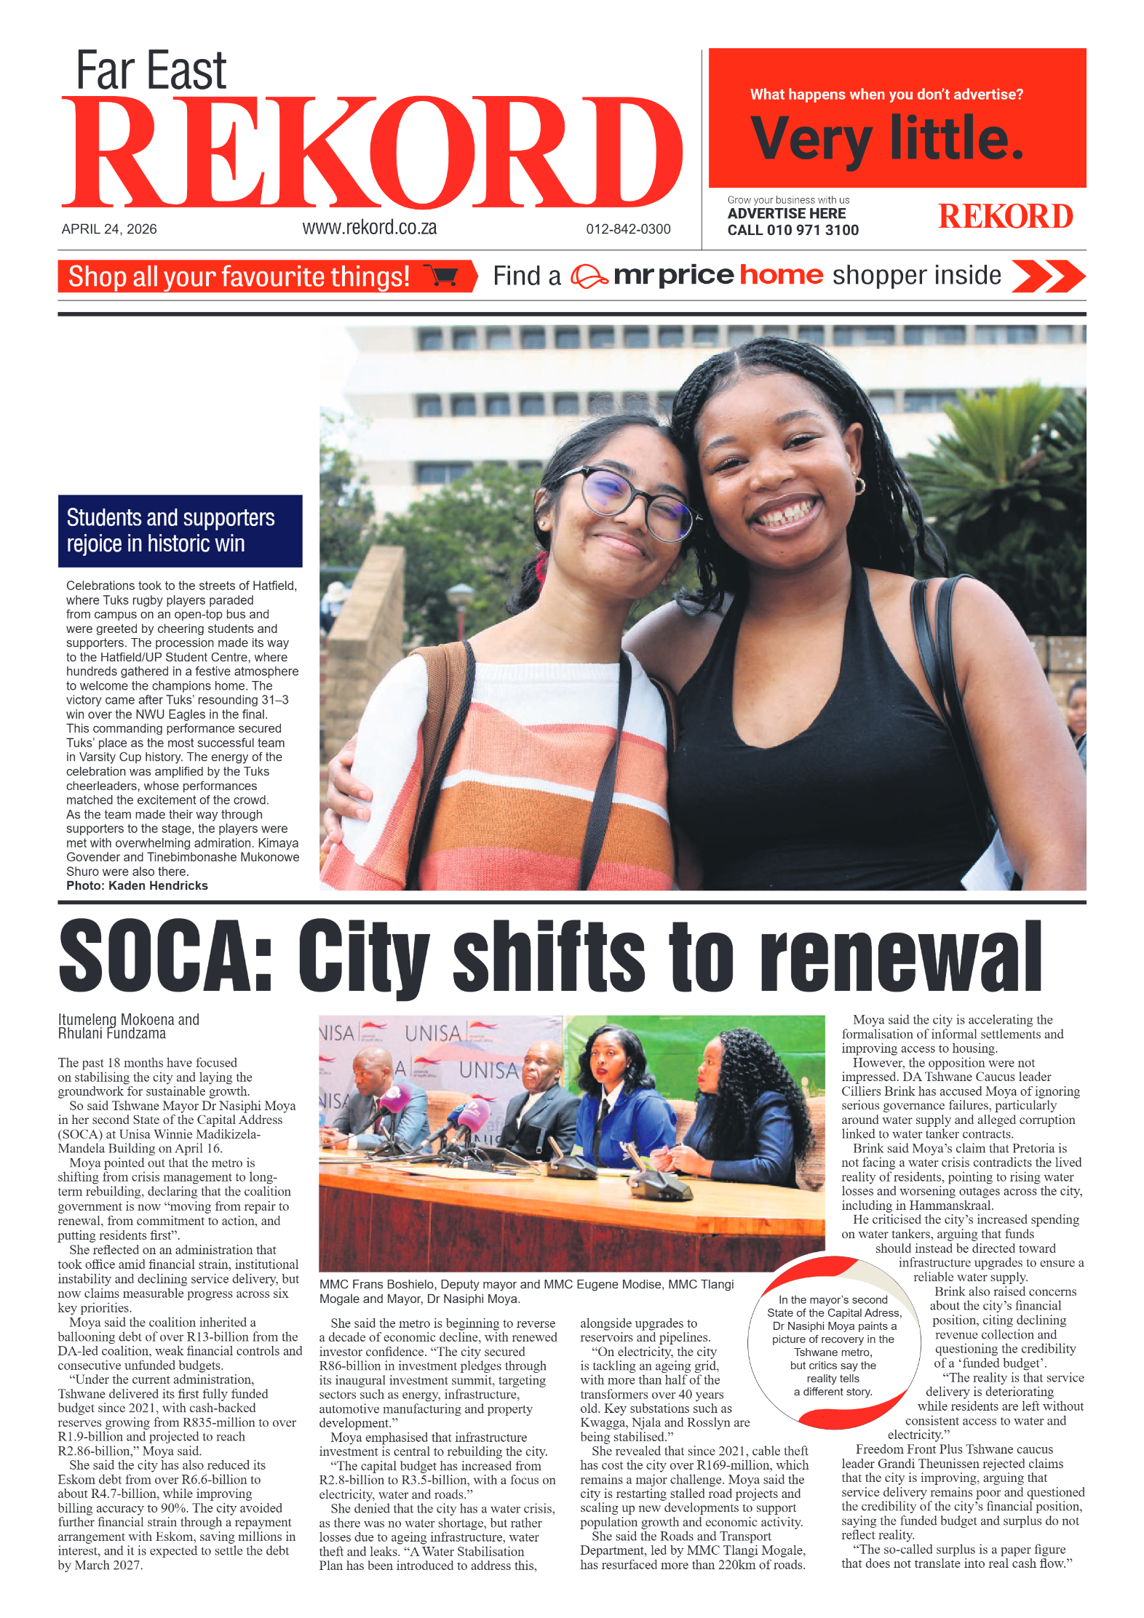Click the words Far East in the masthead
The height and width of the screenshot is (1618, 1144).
pyautogui.click(x=151, y=71)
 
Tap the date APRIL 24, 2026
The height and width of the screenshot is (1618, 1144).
pyautogui.click(x=109, y=229)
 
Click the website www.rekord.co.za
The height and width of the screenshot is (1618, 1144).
pyautogui.click(x=369, y=228)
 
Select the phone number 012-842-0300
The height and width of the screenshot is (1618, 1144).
pyautogui.click(x=628, y=229)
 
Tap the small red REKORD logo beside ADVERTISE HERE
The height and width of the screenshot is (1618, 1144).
pyautogui.click(x=1005, y=217)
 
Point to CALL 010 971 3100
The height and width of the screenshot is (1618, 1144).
pyautogui.click(x=793, y=231)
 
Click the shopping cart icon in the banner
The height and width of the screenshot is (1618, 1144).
pyautogui.click(x=442, y=276)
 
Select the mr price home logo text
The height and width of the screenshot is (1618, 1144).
pyautogui.click(x=718, y=275)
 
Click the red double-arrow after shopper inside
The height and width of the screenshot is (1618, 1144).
pyautogui.click(x=1048, y=276)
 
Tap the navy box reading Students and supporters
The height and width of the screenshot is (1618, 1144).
pyautogui.click(x=180, y=530)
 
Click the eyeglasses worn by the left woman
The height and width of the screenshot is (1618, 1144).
pyautogui.click(x=633, y=502)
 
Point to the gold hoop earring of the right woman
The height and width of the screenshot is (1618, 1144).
pyautogui.click(x=859, y=486)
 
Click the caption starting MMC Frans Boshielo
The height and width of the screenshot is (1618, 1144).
pyautogui.click(x=525, y=1291)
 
